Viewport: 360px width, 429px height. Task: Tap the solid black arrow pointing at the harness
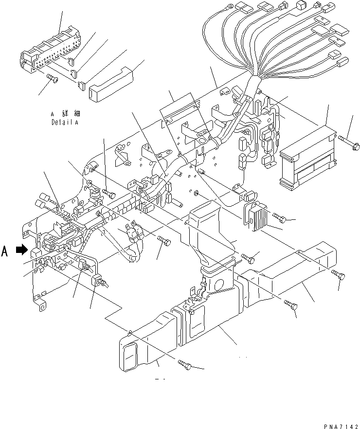tap(21, 250)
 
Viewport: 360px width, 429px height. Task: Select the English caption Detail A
tap(64, 123)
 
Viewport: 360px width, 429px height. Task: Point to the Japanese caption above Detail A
tap(64, 114)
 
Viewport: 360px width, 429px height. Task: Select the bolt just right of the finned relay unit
tap(280, 217)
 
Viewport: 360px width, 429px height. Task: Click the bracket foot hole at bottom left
tap(42, 306)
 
